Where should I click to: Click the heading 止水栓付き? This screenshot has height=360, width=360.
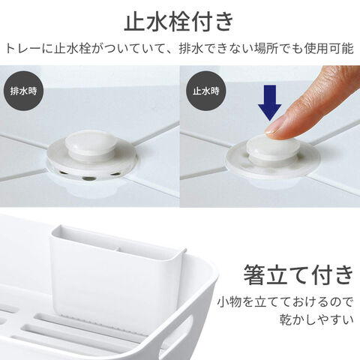tap(178, 22)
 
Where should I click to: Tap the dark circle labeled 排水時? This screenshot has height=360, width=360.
tap(23, 91)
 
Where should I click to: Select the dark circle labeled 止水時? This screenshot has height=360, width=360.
tap(205, 91)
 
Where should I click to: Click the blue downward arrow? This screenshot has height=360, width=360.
tap(270, 103)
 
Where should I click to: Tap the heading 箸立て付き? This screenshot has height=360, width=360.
tap(298, 274)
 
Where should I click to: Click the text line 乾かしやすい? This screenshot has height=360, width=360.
tap(316, 320)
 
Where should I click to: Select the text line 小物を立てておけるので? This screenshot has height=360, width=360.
tap(285, 302)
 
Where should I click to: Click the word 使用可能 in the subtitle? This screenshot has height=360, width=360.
tap(328, 48)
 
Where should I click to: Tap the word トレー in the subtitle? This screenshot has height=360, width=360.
tap(22, 49)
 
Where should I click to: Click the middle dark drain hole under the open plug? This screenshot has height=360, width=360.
tap(88, 178)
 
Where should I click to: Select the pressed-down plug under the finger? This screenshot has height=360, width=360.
tap(271, 147)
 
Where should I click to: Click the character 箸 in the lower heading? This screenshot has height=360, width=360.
tap(254, 274)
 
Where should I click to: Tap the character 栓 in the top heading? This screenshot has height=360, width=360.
tap(178, 22)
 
